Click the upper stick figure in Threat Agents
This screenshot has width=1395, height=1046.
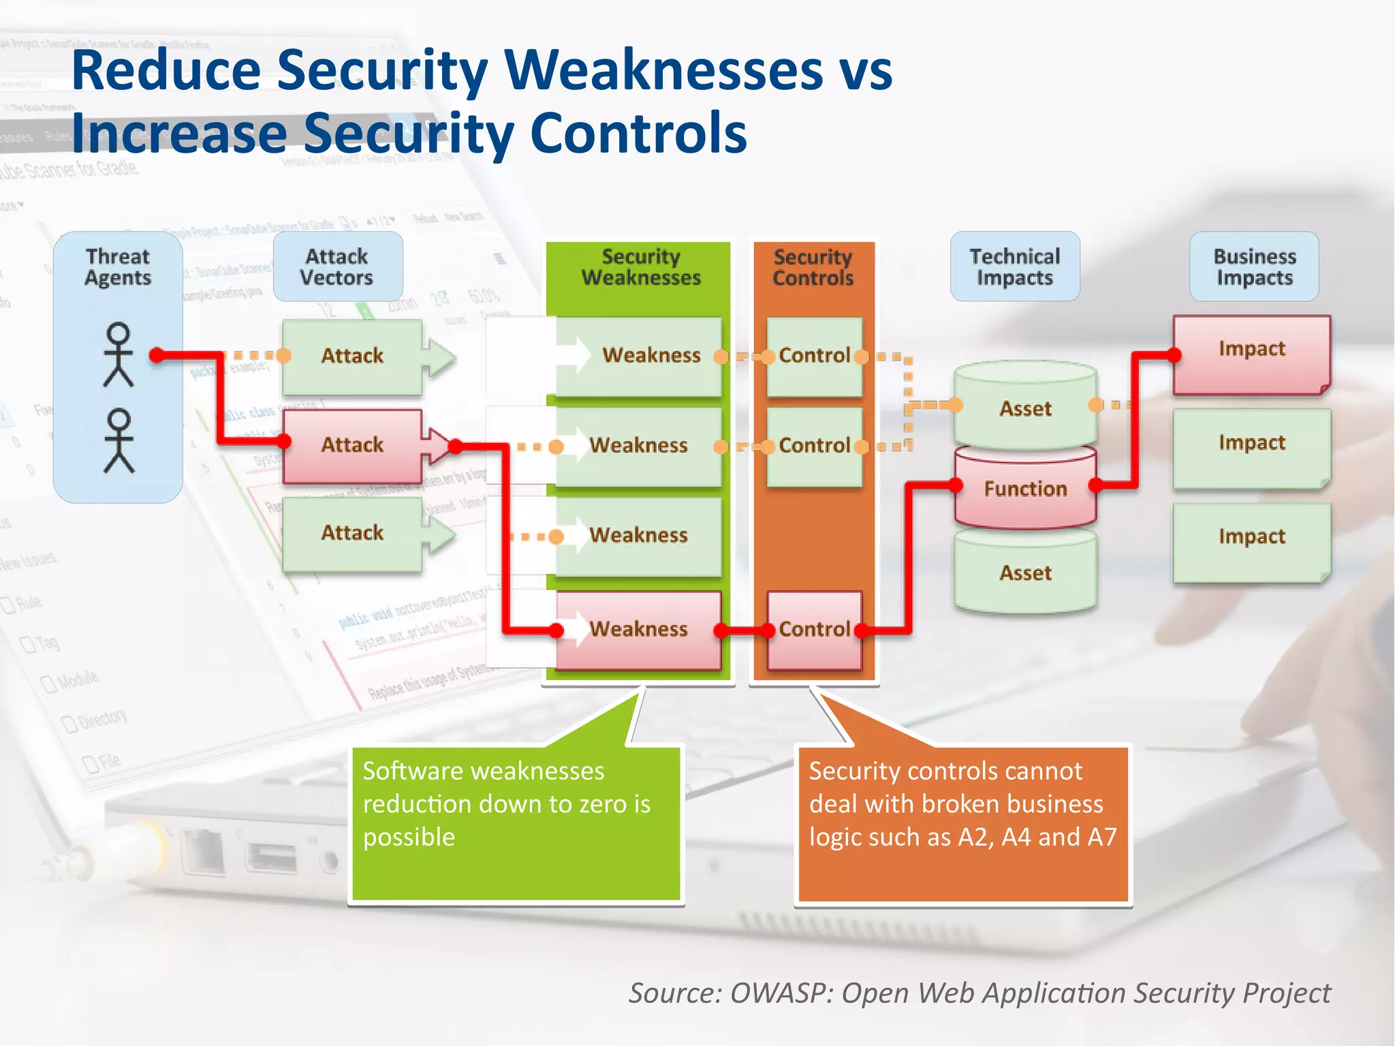point(119,354)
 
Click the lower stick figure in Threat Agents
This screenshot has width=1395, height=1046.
point(119,441)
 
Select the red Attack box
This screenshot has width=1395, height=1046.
point(352,446)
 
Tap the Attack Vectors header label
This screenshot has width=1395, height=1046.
point(337,266)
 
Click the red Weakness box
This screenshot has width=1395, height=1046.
point(638,629)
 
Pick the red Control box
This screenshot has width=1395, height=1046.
point(814,629)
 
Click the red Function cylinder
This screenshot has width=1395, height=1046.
point(1025,489)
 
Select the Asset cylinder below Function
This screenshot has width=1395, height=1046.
point(1025,573)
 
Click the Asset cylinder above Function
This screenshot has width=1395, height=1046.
point(1025,408)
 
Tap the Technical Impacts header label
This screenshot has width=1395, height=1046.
point(1014,266)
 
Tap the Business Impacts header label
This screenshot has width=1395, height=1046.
point(1254,266)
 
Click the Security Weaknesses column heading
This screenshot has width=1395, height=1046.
point(640,266)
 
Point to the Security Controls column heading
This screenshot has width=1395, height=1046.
point(813,266)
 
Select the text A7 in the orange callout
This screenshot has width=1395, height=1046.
point(1101,837)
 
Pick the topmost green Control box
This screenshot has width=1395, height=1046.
point(814,356)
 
